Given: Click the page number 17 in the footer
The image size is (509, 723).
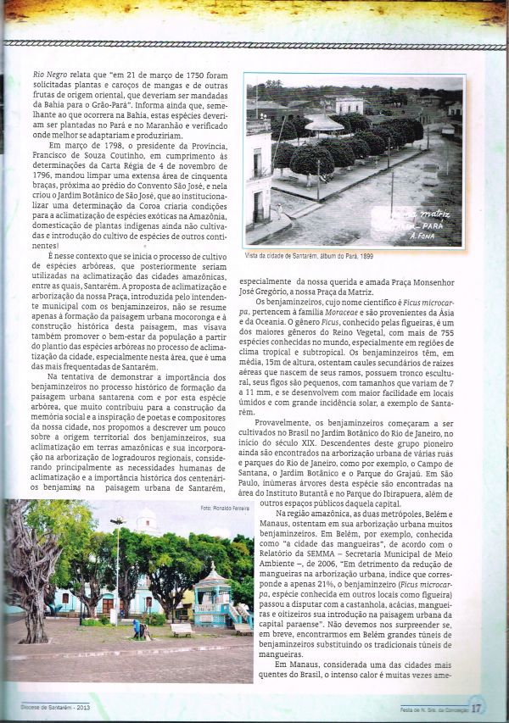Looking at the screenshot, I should click(x=478, y=705).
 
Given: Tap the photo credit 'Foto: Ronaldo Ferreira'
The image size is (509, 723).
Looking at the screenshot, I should click(x=226, y=508).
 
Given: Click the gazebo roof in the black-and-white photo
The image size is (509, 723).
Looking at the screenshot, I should click(x=324, y=124).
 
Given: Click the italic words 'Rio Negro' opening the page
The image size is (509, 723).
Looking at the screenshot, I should click(x=50, y=74).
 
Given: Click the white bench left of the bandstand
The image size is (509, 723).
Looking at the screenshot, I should click(x=182, y=629).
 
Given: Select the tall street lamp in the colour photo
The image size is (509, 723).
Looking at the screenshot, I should click(x=117, y=564).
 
